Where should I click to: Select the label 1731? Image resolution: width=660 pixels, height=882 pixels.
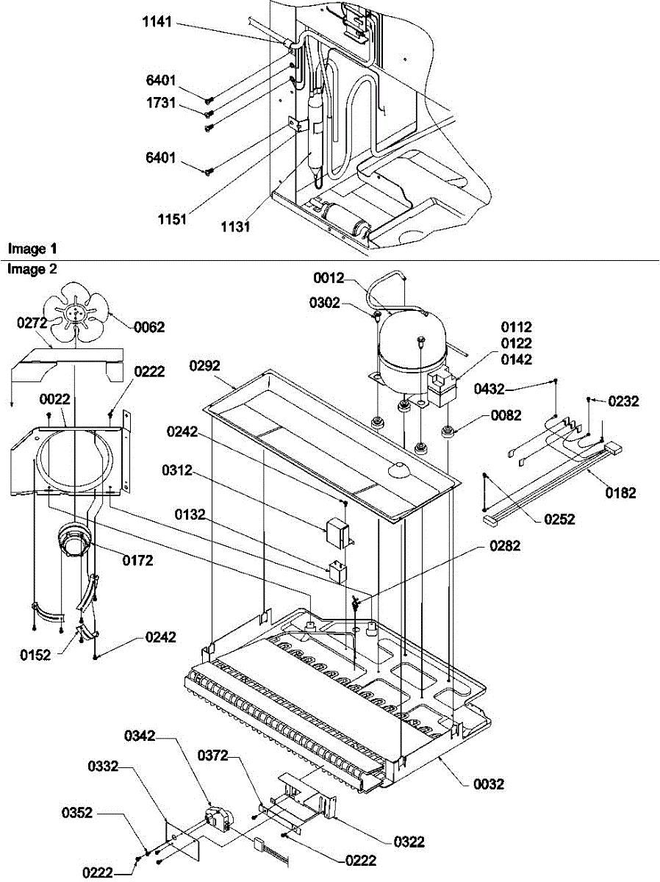pyautogui.click(x=160, y=104)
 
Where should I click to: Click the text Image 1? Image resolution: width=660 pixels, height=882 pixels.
pyautogui.click(x=32, y=249)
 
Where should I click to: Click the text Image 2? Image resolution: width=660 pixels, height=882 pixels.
pyautogui.click(x=32, y=269)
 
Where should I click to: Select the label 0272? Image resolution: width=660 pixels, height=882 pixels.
pyautogui.click(x=32, y=321)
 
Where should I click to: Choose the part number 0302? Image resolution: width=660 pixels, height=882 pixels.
pyautogui.click(x=345, y=301)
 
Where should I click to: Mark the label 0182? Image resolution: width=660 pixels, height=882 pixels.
pyautogui.click(x=621, y=493)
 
